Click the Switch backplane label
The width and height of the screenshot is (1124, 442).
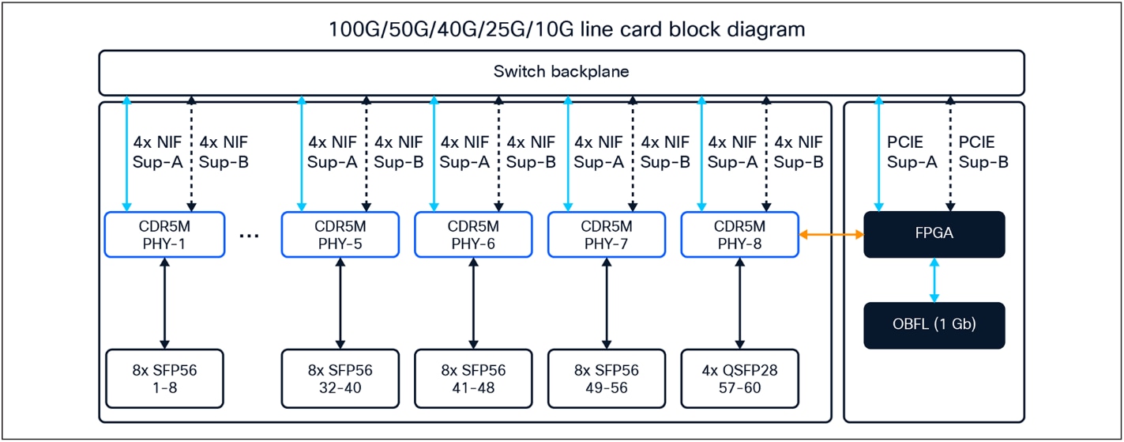pos(562,73)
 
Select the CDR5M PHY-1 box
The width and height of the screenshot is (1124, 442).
pos(164,234)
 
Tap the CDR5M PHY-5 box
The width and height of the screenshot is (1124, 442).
pos(340,234)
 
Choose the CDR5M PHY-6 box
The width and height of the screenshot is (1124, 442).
pos(473,234)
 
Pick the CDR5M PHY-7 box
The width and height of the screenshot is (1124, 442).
pos(607,234)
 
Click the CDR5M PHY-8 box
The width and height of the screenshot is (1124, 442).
pos(740,234)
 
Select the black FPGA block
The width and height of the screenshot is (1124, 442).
pos(934,234)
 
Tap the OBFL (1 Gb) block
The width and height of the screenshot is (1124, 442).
pos(934,325)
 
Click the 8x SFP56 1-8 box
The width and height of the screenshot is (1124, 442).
pos(164,379)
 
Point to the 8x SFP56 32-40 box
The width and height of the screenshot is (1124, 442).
pos(340,379)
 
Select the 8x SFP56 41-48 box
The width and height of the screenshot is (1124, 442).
pos(473,379)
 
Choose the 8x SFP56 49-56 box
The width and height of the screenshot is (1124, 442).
pos(607,379)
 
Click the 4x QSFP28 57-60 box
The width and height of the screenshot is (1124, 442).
pos(740,379)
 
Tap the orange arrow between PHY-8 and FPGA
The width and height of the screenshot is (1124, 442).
pos(832,235)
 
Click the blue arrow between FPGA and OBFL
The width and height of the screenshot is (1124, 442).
pos(934,280)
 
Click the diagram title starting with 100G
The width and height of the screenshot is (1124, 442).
pos(562,30)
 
